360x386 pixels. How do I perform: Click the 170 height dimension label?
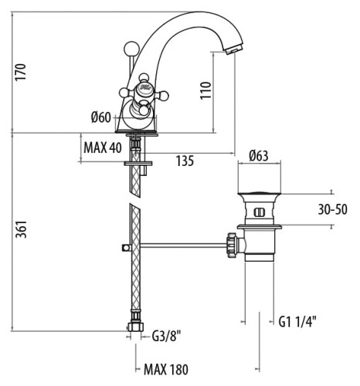click(x=20, y=72)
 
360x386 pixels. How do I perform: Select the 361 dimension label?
click(x=21, y=229)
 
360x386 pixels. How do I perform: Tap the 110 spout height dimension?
click(x=205, y=90)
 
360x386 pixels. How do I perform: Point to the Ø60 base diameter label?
click(x=101, y=117)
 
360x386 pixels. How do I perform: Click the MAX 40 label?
click(x=103, y=147)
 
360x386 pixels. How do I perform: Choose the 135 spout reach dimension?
click(x=185, y=161)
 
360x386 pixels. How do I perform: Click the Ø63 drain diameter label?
click(x=259, y=156)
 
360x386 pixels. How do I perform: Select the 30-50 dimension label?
click(x=332, y=209)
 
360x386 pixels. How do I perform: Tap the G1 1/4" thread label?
click(x=297, y=321)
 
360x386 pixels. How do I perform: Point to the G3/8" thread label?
click(x=166, y=336)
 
